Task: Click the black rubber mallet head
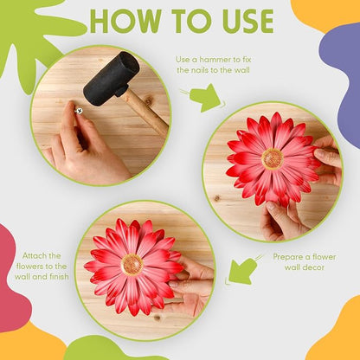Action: [x=110, y=79]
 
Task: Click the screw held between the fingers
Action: [x=79, y=111]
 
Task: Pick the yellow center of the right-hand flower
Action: [x=273, y=158]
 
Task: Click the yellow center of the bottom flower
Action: [x=132, y=264]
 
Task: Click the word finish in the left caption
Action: [x=59, y=276]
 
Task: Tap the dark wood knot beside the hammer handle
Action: [x=149, y=101]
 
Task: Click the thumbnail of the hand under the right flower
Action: [x=271, y=206]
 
